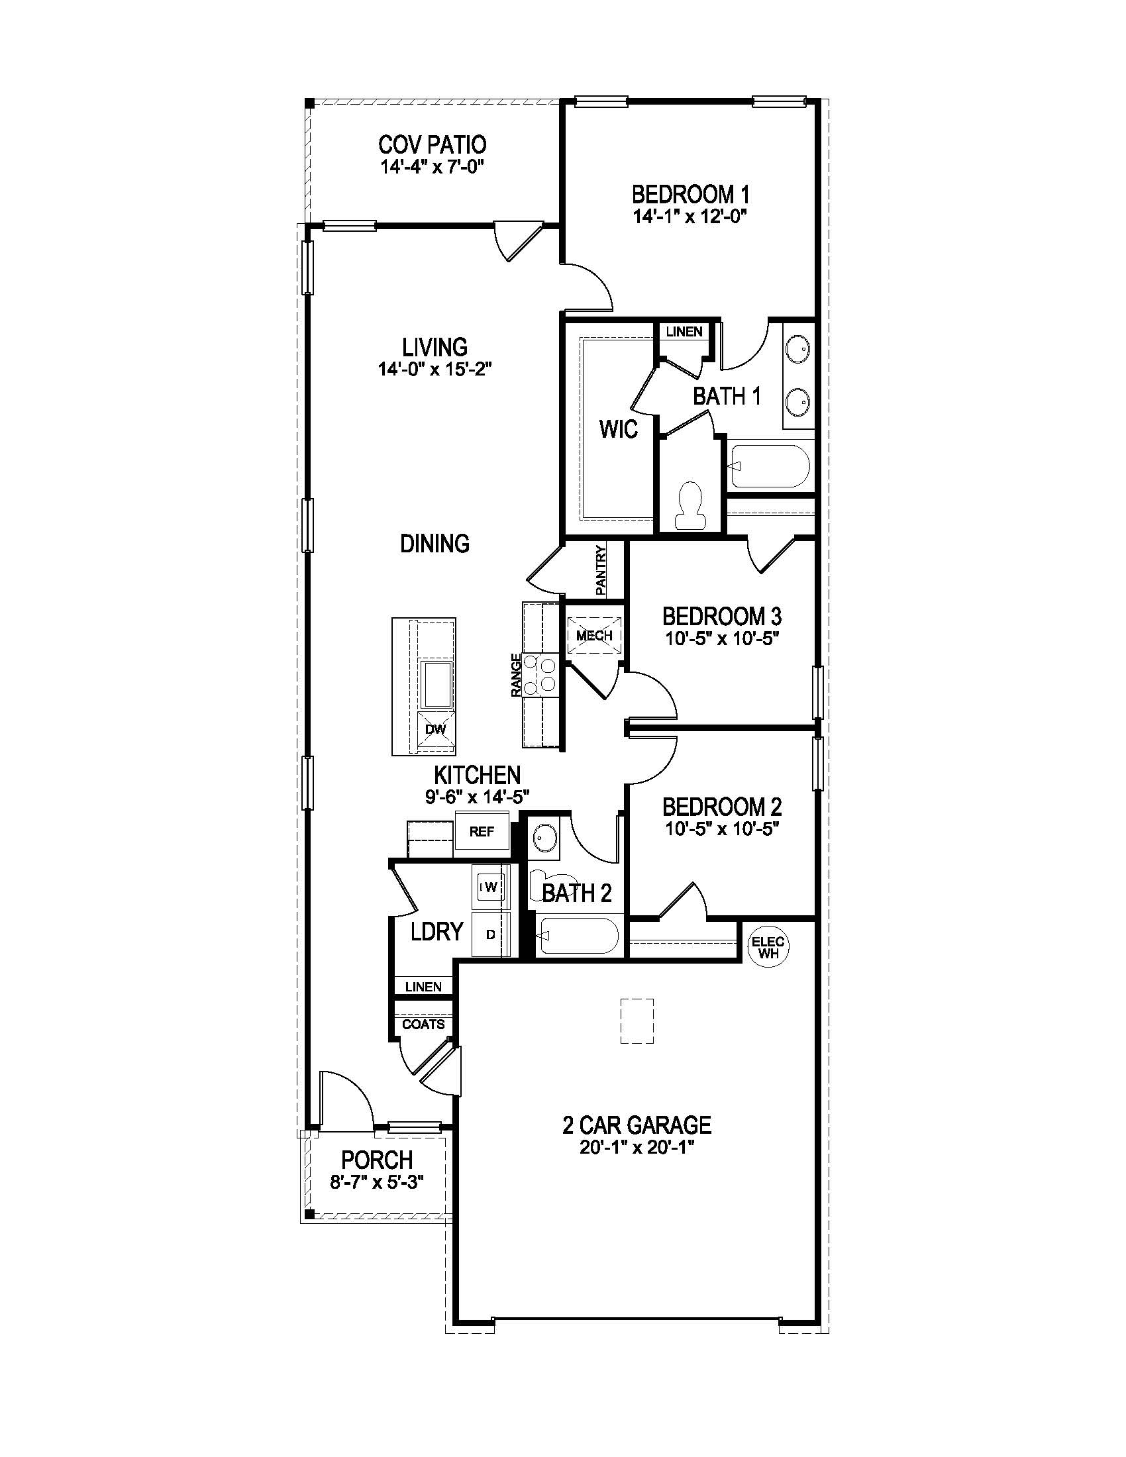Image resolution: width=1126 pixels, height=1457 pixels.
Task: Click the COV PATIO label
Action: pos(433,145)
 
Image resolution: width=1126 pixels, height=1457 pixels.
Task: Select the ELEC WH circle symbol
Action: pos(767,946)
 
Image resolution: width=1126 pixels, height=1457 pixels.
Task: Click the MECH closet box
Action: pos(593,635)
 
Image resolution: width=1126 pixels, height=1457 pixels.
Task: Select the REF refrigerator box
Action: pos(482,831)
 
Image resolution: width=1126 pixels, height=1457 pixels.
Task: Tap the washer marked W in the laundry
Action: pos(490,887)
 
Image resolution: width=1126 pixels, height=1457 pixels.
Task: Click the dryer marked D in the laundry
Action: pos(490,934)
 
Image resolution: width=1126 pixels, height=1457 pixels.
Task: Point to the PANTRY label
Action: pos(600,571)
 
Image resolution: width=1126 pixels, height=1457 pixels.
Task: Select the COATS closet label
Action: pos(423,1024)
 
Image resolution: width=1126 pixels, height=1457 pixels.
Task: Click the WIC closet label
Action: pos(619,429)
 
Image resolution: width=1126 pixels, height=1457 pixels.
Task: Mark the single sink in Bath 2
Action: pos(546,837)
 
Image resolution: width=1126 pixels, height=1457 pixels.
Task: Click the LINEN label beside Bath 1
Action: pos(684,332)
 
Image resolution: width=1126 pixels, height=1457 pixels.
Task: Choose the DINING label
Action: pos(435,543)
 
